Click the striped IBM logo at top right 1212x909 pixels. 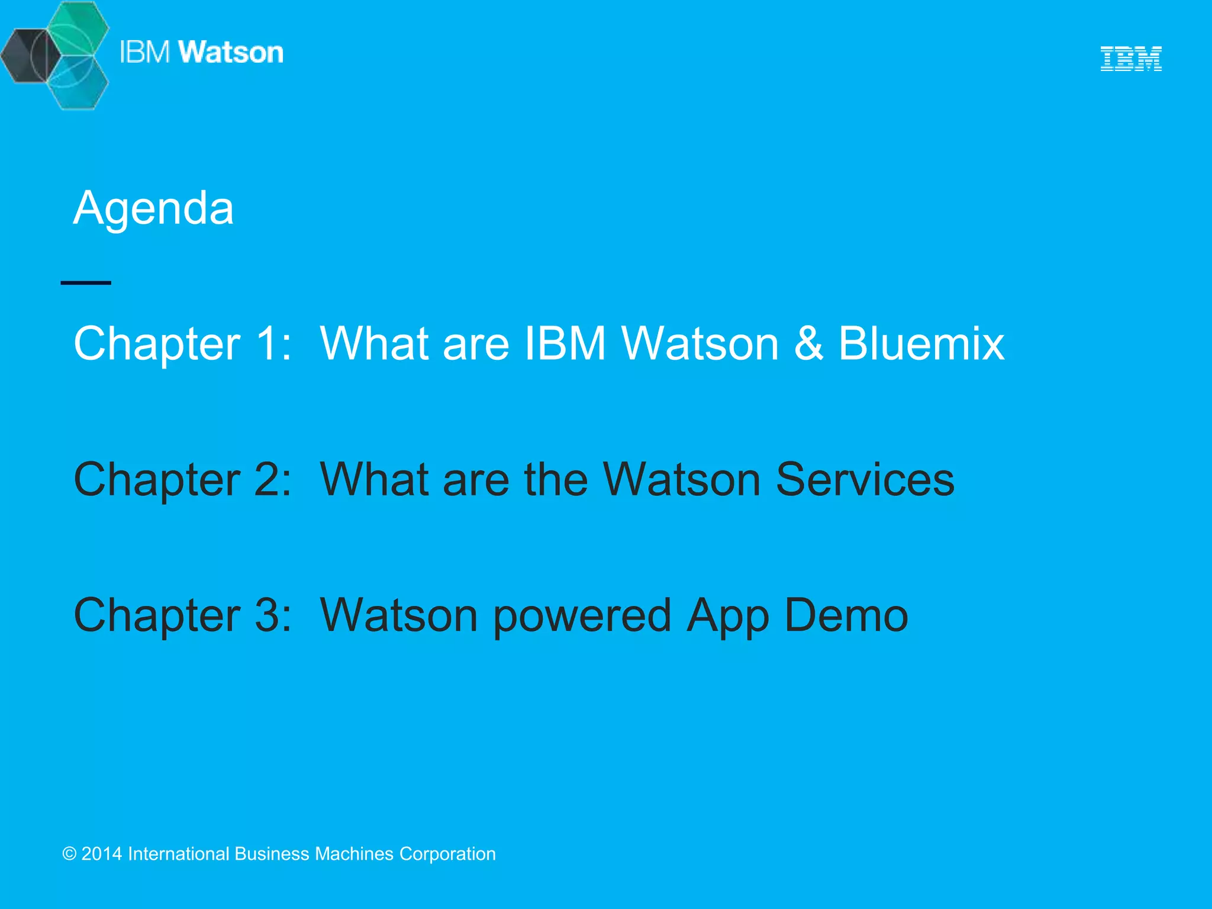[x=1130, y=59]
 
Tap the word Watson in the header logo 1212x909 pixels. [x=231, y=52]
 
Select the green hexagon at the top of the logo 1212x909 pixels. [x=78, y=27]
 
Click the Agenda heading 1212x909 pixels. [x=153, y=208]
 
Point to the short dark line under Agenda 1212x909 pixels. [x=86, y=283]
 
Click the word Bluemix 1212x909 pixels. [x=921, y=343]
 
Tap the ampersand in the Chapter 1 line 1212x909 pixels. [x=808, y=343]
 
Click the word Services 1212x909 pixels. [x=865, y=479]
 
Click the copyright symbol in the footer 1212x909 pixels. [x=69, y=854]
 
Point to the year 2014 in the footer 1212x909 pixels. [x=102, y=854]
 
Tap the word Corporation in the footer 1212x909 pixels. [x=447, y=854]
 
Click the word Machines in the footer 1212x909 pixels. [x=354, y=854]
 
